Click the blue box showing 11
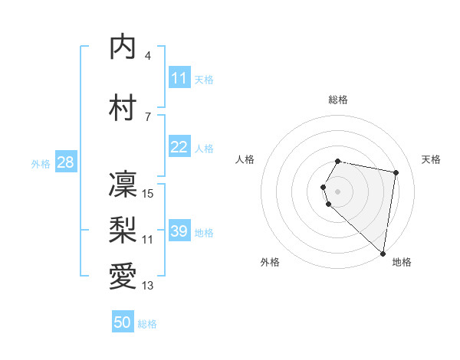coord(179,78)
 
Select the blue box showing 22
coord(179,147)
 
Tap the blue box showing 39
coord(179,231)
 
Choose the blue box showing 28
coord(64,162)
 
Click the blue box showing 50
coord(123,322)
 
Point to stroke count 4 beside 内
coord(148,56)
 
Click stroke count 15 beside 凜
coord(149,194)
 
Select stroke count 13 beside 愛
coord(148,286)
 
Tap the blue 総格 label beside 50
coord(147,324)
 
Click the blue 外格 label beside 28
coord(40,164)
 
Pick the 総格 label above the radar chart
coord(338,100)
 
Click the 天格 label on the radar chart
coord(431,159)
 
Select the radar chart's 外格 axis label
coord(270,262)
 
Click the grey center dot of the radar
coord(338,191)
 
